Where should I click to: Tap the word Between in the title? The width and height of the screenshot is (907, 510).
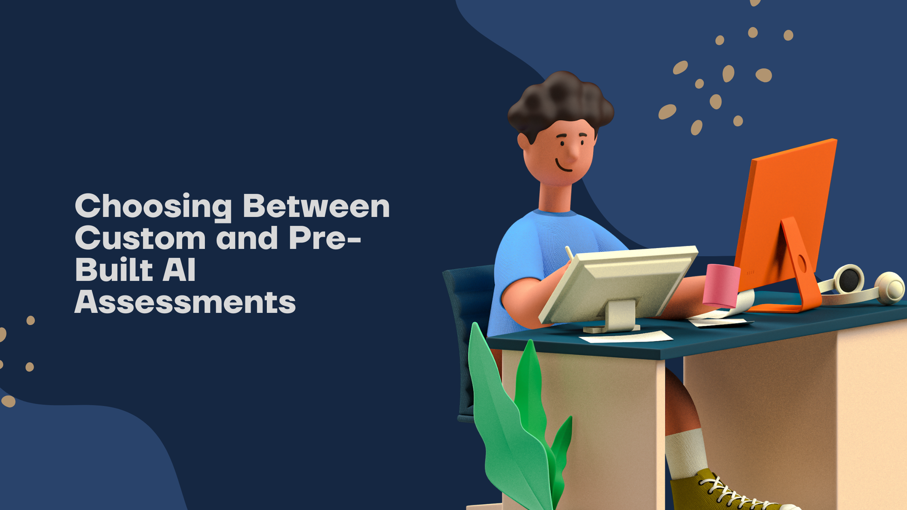tap(316, 206)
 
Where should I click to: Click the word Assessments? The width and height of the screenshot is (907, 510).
tap(185, 302)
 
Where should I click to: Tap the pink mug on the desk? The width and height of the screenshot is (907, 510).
tap(721, 285)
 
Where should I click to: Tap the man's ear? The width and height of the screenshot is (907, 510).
tap(523, 142)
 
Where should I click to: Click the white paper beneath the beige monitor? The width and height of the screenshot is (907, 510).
tap(626, 337)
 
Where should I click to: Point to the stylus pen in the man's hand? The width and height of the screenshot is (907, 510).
tap(569, 253)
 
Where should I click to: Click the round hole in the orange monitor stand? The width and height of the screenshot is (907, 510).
tap(801, 263)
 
